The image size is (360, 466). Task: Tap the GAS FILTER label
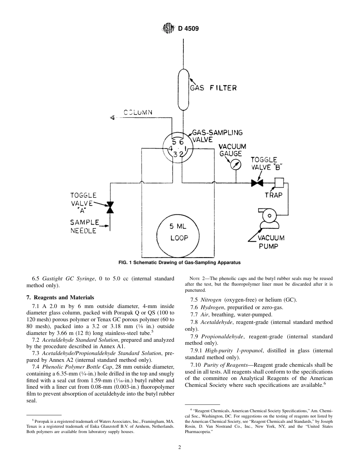213,88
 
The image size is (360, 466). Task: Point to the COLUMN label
138,112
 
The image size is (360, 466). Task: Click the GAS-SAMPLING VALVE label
217,136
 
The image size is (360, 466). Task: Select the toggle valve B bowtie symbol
257,183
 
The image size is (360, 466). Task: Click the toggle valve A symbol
110,207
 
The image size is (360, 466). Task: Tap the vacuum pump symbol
269,218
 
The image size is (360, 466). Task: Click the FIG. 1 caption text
180,263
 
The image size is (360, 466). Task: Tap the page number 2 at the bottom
180,447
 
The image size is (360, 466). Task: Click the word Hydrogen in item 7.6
212,307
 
